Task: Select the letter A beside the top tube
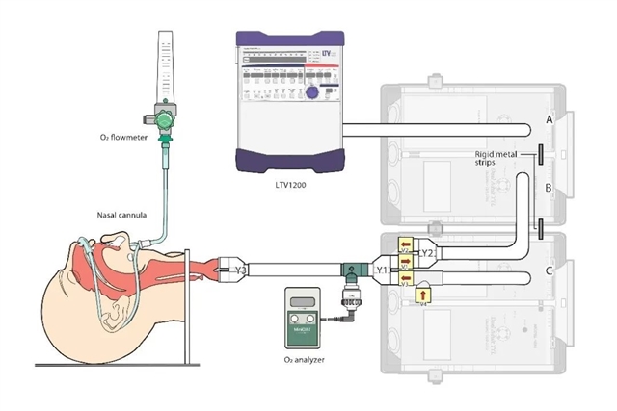click(x=549, y=119)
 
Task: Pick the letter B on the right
click(x=549, y=190)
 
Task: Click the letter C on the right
click(x=549, y=272)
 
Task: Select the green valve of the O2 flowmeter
click(x=166, y=117)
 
